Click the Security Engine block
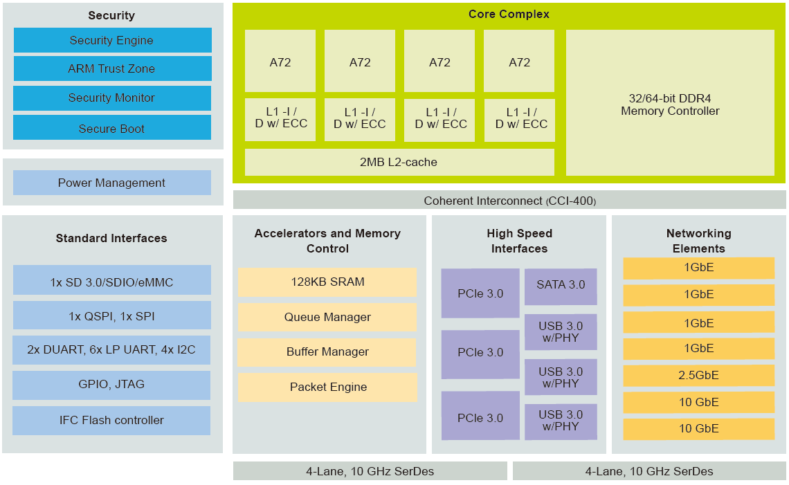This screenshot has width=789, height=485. click(x=112, y=40)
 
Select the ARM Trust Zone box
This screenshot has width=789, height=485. click(x=112, y=68)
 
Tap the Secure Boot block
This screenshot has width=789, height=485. click(x=112, y=128)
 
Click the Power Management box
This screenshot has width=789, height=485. click(x=112, y=183)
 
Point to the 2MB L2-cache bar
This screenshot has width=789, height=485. click(x=399, y=162)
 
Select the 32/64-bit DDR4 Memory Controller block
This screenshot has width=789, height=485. click(x=669, y=103)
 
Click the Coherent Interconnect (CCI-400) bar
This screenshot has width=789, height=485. click(x=509, y=200)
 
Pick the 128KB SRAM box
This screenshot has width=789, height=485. click(x=327, y=282)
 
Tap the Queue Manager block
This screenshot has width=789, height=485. click(x=327, y=317)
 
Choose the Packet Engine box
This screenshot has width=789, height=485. click(x=327, y=387)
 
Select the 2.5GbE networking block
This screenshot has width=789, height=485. click(x=698, y=376)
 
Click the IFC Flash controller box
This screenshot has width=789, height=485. click(x=111, y=420)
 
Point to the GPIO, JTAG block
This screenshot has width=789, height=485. click(x=111, y=385)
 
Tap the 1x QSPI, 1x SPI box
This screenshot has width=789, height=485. click(x=111, y=315)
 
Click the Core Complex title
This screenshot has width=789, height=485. click(x=509, y=14)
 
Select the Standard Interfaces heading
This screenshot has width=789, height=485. click(x=111, y=238)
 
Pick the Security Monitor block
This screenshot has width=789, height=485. click(x=112, y=98)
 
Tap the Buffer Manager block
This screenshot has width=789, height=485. click(x=327, y=351)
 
